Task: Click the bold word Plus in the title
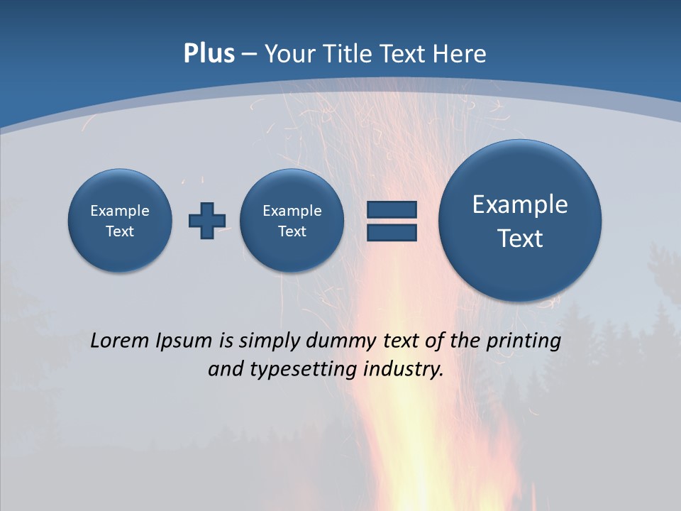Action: (x=209, y=54)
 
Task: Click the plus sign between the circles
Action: (x=207, y=220)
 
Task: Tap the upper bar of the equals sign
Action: (x=392, y=209)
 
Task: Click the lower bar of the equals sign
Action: (x=392, y=232)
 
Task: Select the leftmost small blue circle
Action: (x=120, y=220)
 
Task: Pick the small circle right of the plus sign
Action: (x=292, y=220)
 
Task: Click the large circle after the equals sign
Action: (x=520, y=220)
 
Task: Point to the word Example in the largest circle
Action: (x=520, y=204)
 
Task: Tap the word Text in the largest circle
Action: (x=520, y=238)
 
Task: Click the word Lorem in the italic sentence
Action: (x=120, y=341)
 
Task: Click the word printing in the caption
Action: (x=524, y=341)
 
